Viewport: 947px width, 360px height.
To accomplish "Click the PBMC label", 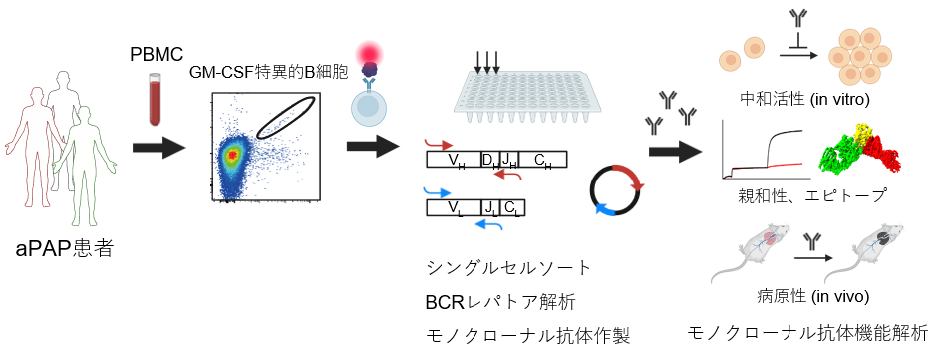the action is point(158,55).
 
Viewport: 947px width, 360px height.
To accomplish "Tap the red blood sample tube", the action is point(156,99).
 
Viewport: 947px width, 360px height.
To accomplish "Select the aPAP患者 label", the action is point(65,247).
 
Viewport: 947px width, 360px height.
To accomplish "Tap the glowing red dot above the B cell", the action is point(369,53).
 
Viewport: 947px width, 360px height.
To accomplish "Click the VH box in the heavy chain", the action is point(455,159).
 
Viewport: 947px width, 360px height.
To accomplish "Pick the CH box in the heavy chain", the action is point(542,159).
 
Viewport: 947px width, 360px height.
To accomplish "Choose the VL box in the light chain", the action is point(455,208).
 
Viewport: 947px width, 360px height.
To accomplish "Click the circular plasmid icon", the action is point(617,189).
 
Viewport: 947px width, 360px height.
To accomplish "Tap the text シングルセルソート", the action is point(508,268).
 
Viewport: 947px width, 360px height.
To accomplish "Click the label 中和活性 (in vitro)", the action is point(804,100).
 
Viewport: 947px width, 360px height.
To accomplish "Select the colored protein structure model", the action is point(859,147).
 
